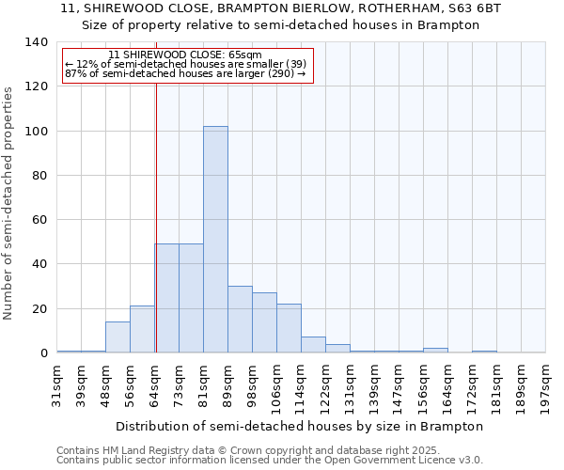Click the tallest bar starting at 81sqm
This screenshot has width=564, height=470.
coord(215,240)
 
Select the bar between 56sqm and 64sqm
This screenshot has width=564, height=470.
coord(142,330)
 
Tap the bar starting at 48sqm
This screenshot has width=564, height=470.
coord(117,337)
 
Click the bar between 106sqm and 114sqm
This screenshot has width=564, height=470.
coord(289,329)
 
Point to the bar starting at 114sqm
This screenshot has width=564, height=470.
coord(313,345)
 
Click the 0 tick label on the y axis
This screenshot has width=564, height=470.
coord(43,353)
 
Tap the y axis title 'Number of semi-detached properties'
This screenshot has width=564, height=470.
coord(9,202)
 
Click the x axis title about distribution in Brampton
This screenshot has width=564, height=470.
coord(301,426)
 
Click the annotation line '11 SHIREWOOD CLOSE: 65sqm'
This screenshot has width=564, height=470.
coord(185,55)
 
